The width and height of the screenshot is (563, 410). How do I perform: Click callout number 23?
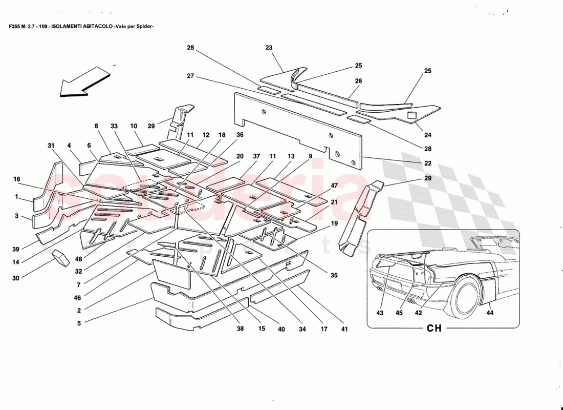coord(269,48)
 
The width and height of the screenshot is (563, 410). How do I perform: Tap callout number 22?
coord(428,163)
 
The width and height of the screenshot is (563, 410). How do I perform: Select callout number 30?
coord(16,278)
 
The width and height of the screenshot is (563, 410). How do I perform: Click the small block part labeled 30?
coord(61,258)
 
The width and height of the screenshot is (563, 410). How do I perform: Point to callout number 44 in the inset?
coord(490,312)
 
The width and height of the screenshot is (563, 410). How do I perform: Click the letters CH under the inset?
coord(434,329)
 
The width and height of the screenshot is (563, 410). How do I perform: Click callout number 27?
coord(190,76)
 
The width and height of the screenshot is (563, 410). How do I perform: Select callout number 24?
coord(428,135)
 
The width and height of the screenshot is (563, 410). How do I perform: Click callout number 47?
coord(334,186)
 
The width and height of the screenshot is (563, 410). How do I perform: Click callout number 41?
coord(344,329)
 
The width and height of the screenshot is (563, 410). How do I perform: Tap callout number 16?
coord(17,179)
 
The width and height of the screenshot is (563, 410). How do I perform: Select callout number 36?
coord(240,135)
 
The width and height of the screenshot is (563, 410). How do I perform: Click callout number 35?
coord(334,275)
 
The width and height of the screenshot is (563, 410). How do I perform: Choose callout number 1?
coord(16,196)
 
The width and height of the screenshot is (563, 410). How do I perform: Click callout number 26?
coord(358,81)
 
